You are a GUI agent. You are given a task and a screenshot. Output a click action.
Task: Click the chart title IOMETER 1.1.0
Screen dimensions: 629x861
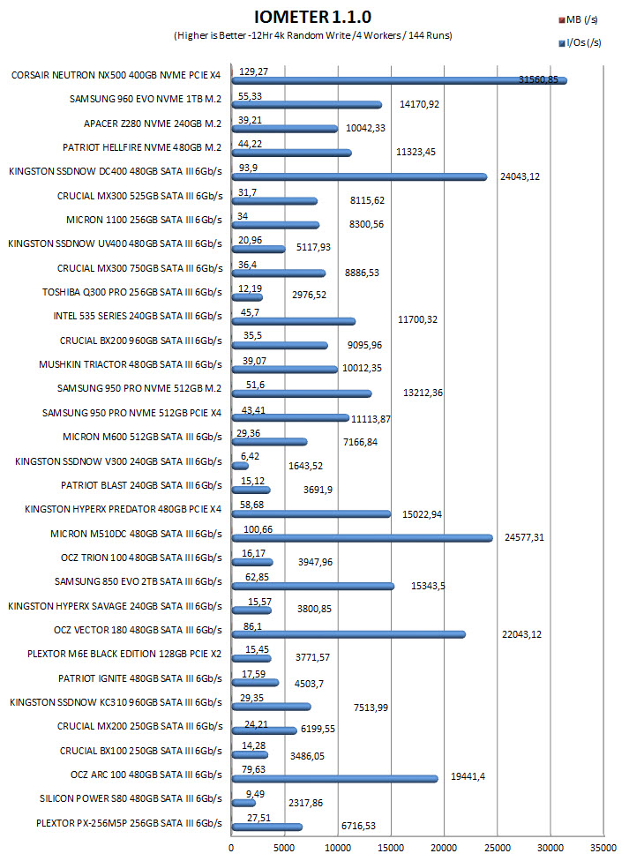[313, 17]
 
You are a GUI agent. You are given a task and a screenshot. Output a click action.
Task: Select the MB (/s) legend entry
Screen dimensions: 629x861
[579, 19]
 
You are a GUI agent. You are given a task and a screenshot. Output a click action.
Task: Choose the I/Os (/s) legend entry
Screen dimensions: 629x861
[580, 42]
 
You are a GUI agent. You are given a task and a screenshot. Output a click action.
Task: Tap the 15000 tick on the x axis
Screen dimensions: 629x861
[391, 848]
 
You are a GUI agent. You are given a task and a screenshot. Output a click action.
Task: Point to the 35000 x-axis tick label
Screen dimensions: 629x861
[603, 848]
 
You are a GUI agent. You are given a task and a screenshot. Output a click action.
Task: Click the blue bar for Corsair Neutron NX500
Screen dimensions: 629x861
[400, 81]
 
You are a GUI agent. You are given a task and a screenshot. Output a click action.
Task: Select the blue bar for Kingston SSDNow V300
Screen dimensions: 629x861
[240, 466]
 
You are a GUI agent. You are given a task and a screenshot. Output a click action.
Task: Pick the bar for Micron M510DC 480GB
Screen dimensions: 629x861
[363, 538]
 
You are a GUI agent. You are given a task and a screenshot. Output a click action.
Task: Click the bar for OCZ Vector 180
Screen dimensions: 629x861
[348, 635]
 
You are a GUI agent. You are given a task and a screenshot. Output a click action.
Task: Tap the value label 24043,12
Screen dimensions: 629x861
[520, 176]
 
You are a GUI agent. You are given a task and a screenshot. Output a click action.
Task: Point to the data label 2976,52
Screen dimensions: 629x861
[310, 295]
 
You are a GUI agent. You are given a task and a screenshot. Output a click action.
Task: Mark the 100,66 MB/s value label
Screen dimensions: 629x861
[258, 529]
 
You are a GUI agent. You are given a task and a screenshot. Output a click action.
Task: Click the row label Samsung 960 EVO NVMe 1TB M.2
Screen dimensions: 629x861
[146, 99]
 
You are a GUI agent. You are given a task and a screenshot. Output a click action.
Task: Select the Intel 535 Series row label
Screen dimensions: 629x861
[138, 316]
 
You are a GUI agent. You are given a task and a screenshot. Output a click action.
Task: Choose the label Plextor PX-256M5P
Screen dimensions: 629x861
[129, 823]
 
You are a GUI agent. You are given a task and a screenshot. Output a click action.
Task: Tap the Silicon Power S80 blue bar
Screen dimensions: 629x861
[243, 804]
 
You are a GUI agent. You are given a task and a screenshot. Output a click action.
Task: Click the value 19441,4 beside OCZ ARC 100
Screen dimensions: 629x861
[468, 776]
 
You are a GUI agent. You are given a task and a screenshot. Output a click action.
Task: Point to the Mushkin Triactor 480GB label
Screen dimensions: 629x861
[131, 364]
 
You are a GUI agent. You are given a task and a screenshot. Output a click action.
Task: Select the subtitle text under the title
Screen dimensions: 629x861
[313, 35]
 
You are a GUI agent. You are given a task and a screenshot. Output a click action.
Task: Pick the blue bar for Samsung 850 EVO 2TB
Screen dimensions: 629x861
[313, 587]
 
